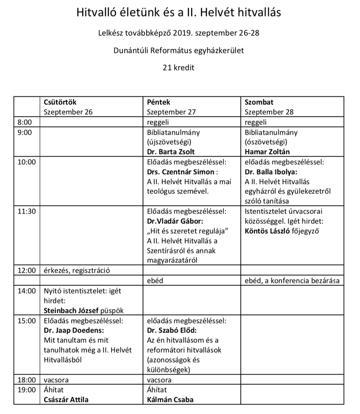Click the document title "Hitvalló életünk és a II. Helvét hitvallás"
[179, 13]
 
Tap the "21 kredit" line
[179, 68]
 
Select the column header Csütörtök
[60, 102]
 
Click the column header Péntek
[158, 102]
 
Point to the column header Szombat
[259, 102]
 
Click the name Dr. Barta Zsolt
[171, 152]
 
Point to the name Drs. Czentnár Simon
[181, 172]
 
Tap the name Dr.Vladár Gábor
[174, 221]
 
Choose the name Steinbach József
[71, 310]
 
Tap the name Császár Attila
[66, 400]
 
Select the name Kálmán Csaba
[171, 400]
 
